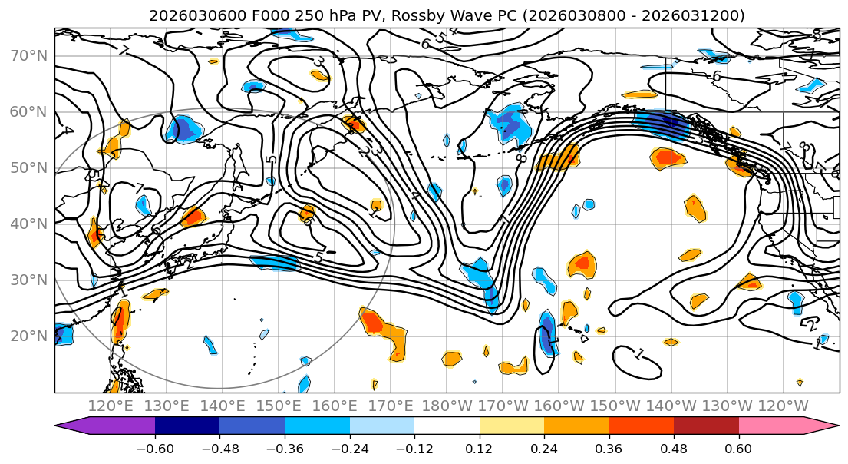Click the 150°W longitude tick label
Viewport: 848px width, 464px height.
coord(614,406)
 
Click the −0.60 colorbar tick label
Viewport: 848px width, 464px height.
coord(155,447)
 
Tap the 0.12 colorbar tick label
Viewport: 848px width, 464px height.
coord(480,447)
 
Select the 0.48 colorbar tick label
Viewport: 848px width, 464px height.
coord(674,447)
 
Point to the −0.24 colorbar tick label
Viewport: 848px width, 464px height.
coord(349,447)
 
